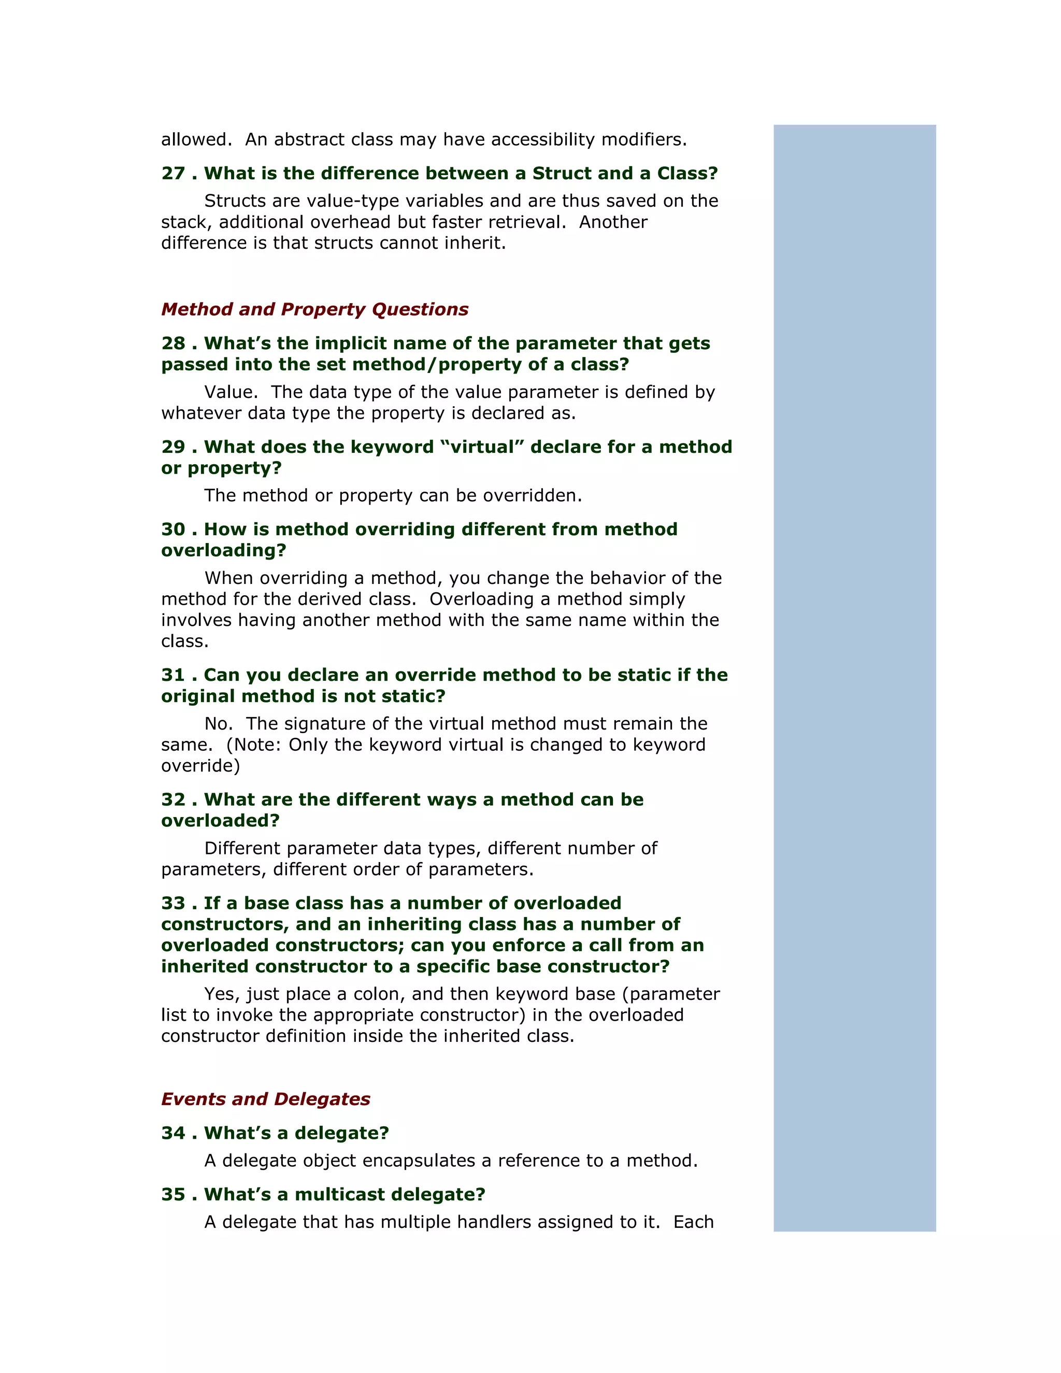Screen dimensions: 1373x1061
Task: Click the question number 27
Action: [173, 174]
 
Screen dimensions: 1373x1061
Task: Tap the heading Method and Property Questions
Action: [314, 309]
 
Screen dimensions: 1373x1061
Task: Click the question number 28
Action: [173, 343]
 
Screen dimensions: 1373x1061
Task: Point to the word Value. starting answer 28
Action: [231, 392]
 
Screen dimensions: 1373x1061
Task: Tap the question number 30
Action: [173, 530]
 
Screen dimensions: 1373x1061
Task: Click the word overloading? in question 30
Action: [223, 551]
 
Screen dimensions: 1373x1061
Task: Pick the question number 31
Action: [173, 675]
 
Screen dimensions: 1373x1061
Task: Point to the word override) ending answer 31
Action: [200, 766]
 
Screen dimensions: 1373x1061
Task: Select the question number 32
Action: [173, 799]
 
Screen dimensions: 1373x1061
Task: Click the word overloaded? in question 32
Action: [220, 821]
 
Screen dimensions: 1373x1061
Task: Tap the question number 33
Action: [173, 904]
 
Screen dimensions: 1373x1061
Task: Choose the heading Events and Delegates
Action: [265, 1099]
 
